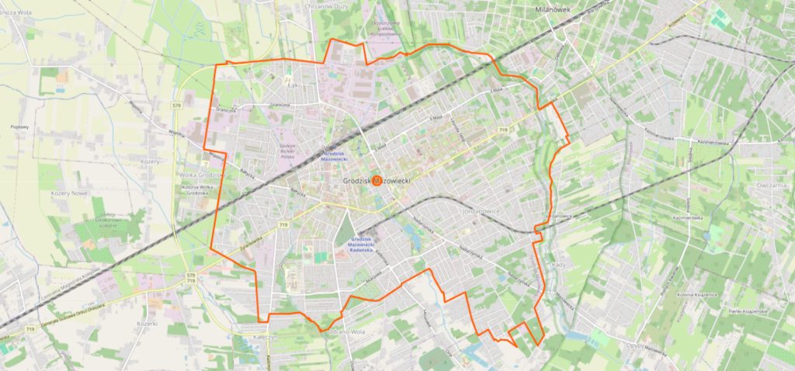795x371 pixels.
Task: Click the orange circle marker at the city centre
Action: (377, 180)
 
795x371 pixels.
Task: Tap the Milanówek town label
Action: (553, 9)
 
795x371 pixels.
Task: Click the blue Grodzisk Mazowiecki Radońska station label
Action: (363, 244)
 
